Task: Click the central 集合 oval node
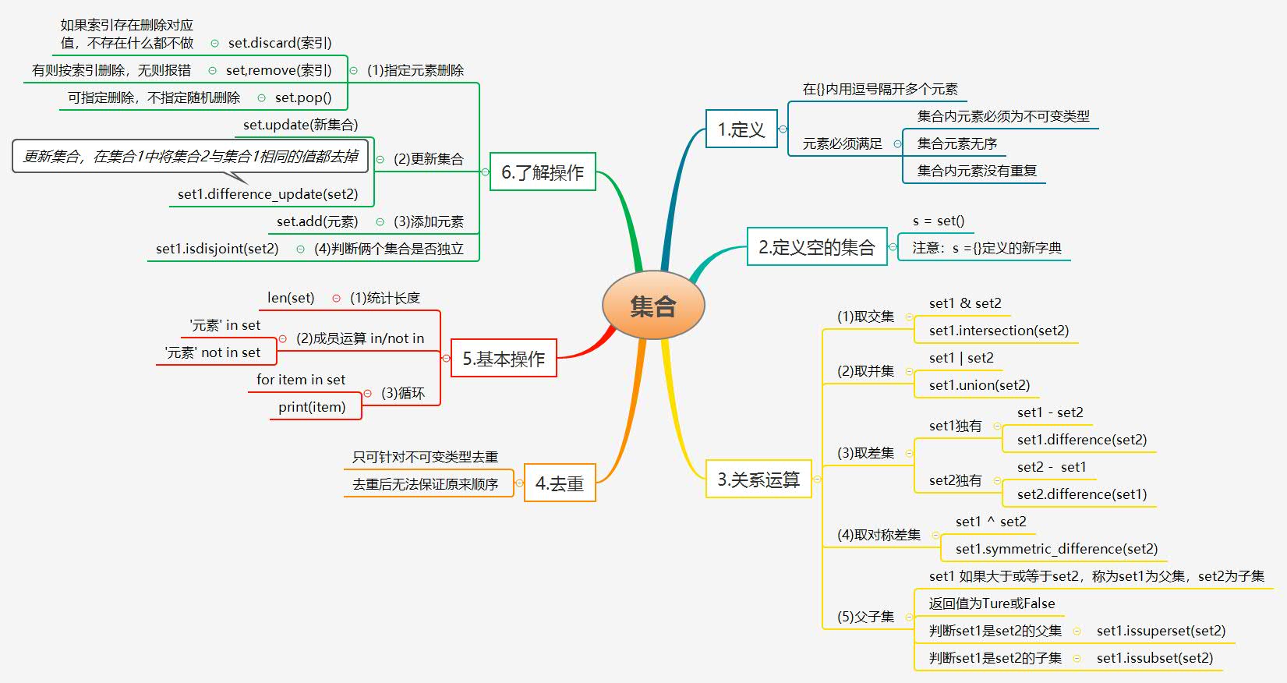click(653, 306)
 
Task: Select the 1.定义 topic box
click(741, 129)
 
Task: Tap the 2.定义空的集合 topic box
click(816, 247)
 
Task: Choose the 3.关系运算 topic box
click(758, 480)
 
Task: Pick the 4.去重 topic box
click(560, 483)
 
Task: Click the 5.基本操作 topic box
click(504, 359)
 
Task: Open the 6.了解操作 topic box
click(543, 172)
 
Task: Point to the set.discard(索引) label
click(280, 43)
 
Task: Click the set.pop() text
click(303, 97)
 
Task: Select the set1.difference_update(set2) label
click(267, 193)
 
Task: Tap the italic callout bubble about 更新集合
click(190, 156)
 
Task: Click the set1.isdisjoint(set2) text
click(217, 249)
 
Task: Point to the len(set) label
click(291, 298)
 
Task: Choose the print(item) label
click(312, 407)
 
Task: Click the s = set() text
click(939, 221)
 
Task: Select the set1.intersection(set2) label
click(999, 331)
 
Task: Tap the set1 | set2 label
click(961, 358)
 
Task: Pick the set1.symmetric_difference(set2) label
click(1056, 549)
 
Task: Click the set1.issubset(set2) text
click(1154, 658)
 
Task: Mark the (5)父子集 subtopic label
click(865, 617)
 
